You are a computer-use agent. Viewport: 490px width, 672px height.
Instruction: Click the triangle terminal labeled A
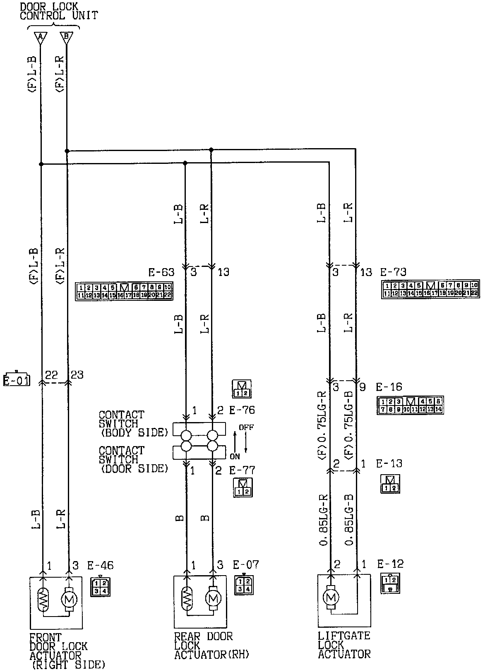point(40,38)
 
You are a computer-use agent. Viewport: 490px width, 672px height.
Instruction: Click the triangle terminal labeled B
point(66,38)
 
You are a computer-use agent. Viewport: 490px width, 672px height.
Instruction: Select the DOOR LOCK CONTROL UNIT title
point(59,11)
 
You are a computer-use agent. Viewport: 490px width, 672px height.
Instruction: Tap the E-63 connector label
point(161,272)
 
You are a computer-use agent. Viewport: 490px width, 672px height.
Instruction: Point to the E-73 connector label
point(393,272)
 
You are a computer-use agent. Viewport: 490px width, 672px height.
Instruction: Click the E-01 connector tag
point(17,379)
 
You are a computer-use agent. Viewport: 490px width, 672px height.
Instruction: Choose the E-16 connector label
point(389,387)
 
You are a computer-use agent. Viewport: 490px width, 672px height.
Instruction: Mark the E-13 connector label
point(389,463)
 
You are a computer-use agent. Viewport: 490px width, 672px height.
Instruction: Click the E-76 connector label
point(242,410)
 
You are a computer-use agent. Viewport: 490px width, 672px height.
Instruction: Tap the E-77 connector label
point(242,470)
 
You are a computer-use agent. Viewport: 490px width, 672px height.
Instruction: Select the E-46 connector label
point(100,565)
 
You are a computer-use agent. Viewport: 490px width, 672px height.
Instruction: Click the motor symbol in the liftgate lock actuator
point(330,597)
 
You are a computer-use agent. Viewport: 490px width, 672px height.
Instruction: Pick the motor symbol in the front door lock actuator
point(68,598)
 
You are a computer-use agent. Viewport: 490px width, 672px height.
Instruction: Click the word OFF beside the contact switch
point(246,427)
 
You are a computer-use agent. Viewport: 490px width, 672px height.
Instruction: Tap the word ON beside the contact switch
point(235,456)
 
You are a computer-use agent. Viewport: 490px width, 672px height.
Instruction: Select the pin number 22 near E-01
point(51,375)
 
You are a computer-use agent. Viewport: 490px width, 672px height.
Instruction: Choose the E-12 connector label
point(390,564)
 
